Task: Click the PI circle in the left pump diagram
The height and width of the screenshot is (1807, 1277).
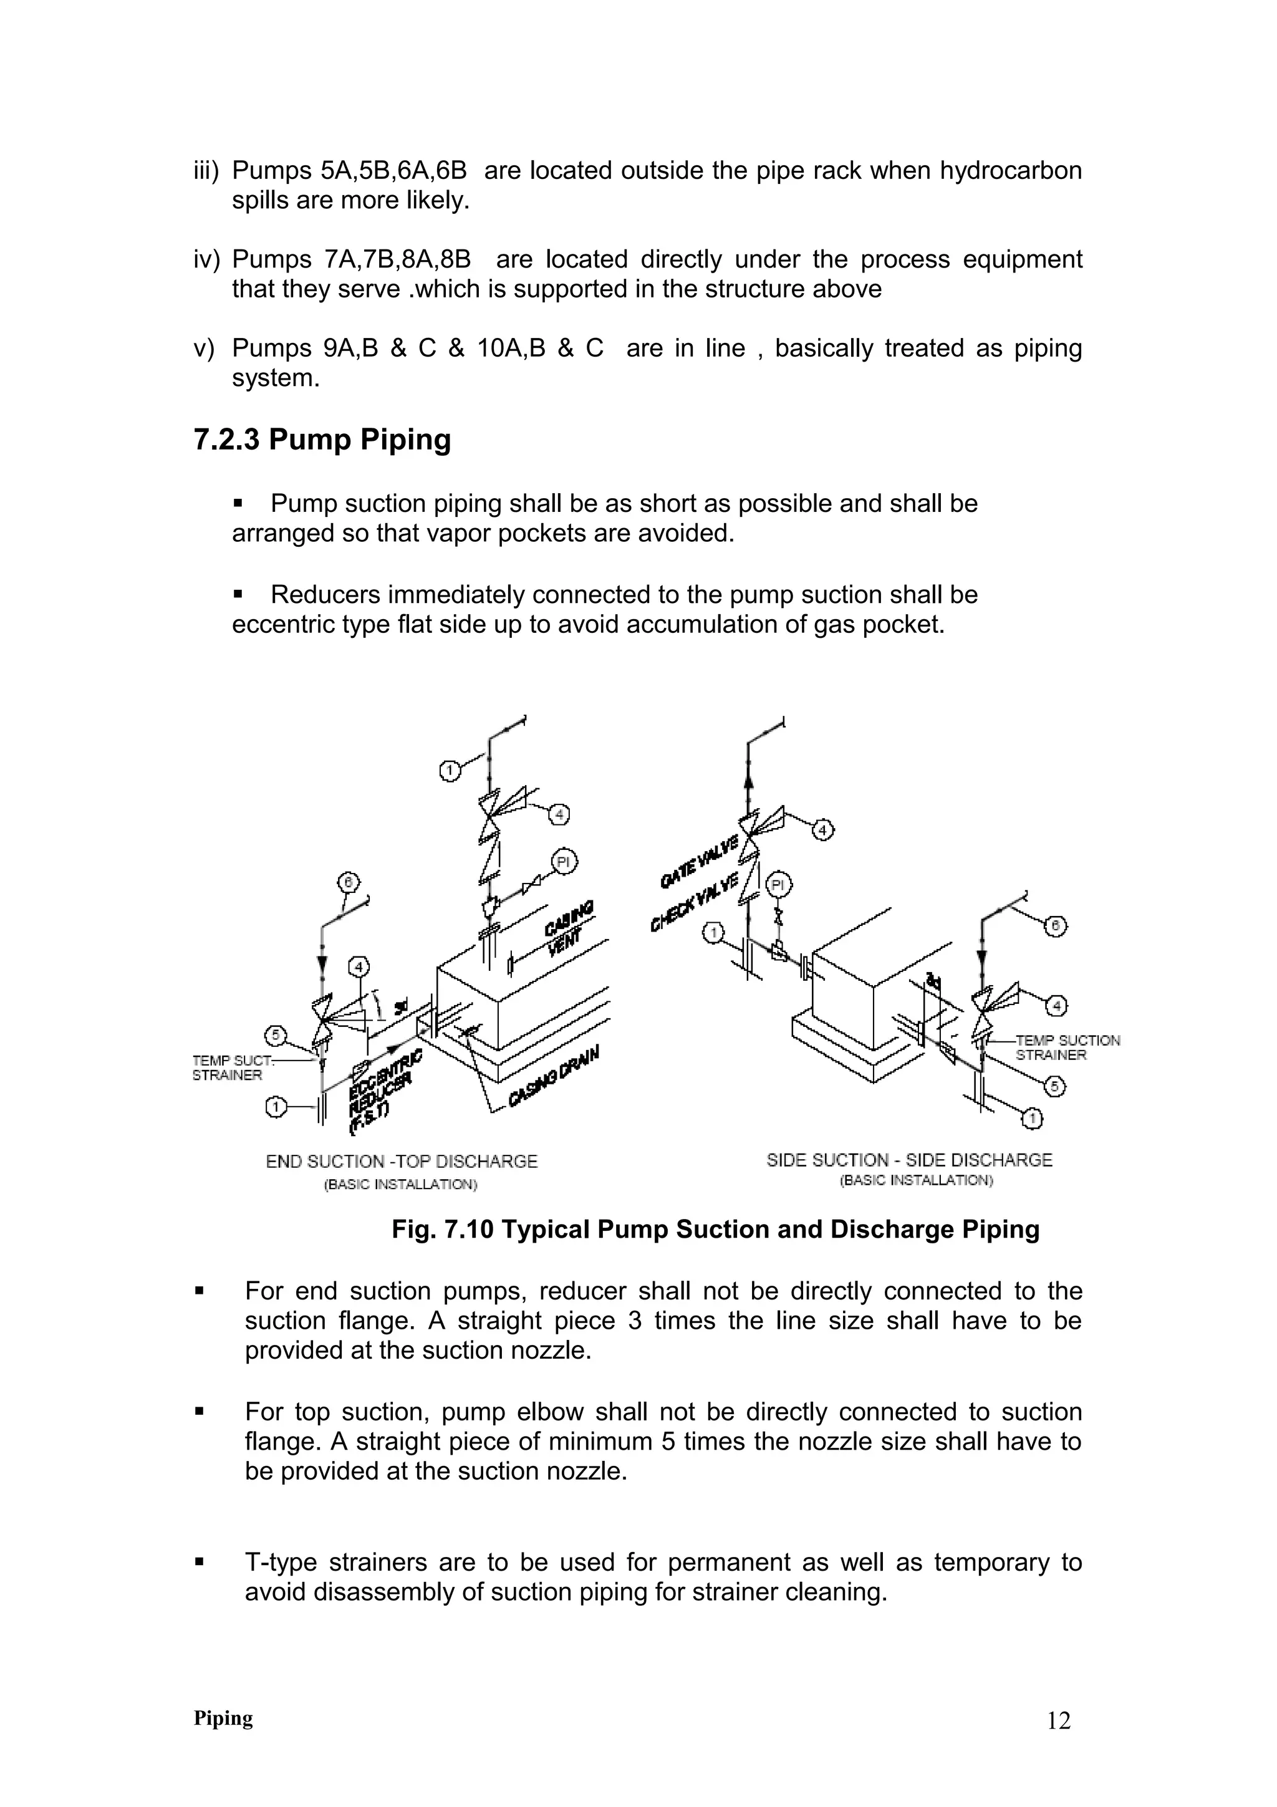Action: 562,862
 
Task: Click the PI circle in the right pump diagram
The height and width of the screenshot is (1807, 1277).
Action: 778,885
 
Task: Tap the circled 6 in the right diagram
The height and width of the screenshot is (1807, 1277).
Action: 1055,927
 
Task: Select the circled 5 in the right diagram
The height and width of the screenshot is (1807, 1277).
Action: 1055,1087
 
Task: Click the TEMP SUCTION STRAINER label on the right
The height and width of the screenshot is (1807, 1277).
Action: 1067,1048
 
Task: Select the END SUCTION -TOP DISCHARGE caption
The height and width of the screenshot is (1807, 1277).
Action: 402,1162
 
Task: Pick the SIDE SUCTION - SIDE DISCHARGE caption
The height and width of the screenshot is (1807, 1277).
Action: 908,1160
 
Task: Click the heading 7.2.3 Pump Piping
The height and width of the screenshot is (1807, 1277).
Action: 322,439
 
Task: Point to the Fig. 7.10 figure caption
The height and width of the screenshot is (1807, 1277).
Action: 715,1230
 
